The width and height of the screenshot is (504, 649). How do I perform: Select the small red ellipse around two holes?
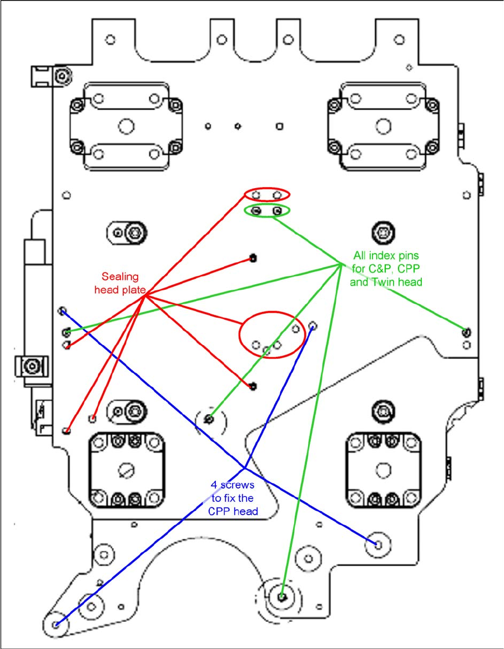[268, 194]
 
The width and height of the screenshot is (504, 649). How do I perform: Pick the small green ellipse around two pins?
[268, 211]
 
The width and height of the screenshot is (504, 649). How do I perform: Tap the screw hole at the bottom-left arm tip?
[56, 625]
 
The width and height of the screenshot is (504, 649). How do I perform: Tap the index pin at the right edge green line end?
[466, 333]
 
